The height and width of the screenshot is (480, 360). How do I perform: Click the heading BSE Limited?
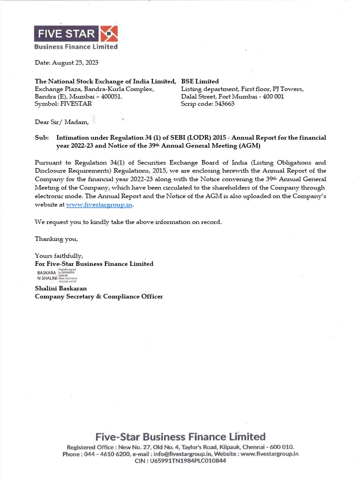[x=200, y=81]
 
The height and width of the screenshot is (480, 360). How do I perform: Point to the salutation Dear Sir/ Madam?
[x=61, y=122]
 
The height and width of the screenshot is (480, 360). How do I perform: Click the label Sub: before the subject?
[x=42, y=138]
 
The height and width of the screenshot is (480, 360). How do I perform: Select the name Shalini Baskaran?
[x=61, y=288]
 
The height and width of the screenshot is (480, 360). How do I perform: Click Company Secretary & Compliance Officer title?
[x=99, y=296]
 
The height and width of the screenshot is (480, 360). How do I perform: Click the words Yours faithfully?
[x=59, y=255]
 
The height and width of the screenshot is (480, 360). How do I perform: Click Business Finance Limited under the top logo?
[x=76, y=46]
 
